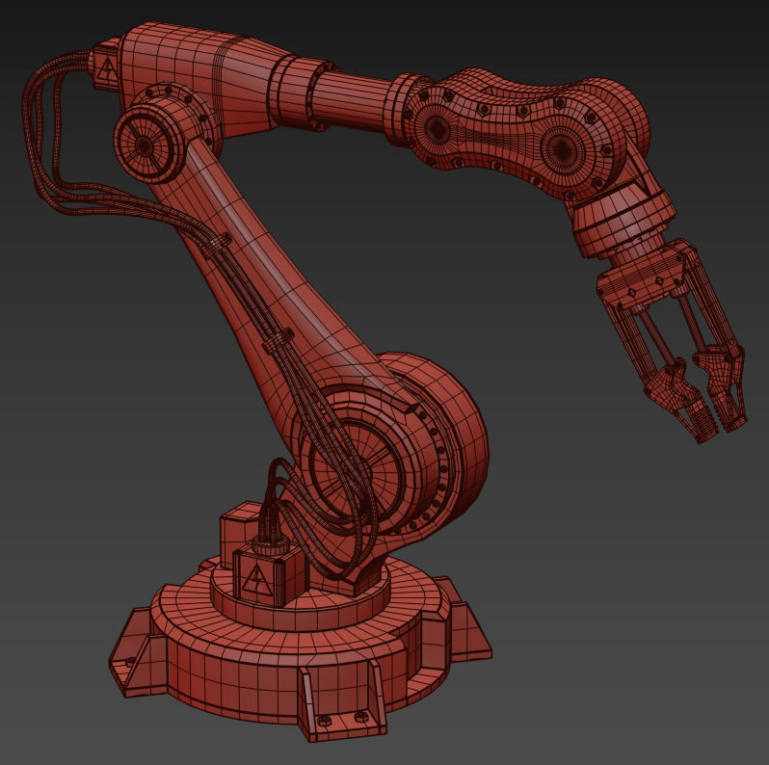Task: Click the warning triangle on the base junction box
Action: click(257, 579)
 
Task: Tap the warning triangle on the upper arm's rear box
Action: click(105, 67)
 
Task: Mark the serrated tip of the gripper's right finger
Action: click(734, 415)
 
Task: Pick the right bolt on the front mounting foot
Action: click(360, 716)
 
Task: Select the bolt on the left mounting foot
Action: click(130, 662)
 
